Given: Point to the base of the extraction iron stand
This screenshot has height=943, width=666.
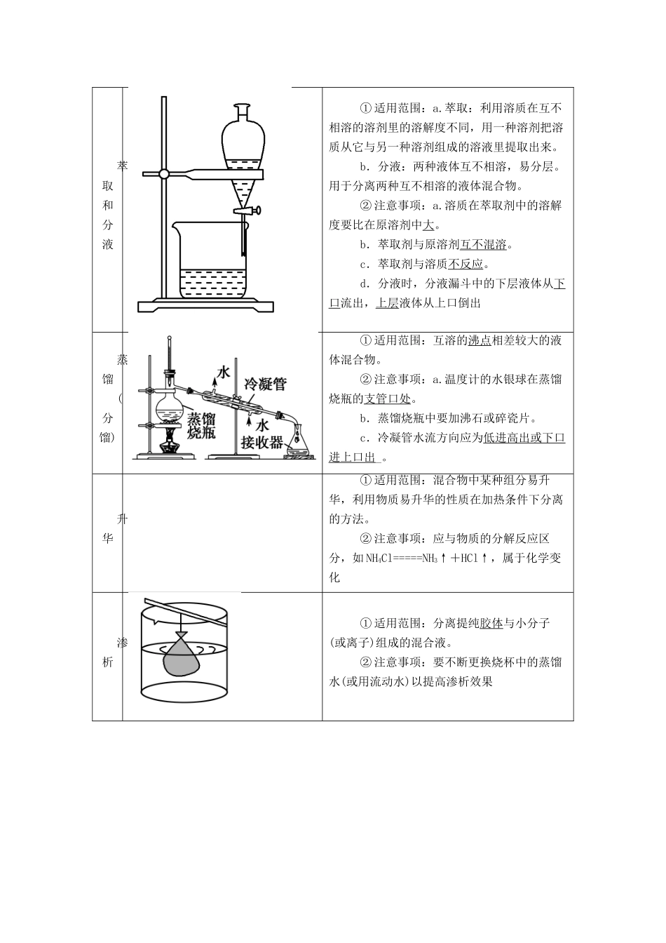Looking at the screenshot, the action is (x=205, y=305).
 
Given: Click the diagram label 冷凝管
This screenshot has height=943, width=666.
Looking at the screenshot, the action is (x=264, y=384).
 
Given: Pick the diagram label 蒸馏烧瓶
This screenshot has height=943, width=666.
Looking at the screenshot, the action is (x=201, y=426).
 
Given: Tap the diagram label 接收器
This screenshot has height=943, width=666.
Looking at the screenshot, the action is (x=261, y=443).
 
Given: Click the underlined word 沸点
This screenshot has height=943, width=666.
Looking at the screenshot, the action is (x=480, y=340).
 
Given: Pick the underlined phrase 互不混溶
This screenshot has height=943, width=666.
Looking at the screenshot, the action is (x=484, y=245).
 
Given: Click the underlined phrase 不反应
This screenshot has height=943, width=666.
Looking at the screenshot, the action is (x=465, y=265).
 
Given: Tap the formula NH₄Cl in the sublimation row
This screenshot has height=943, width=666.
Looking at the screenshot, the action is (x=379, y=559).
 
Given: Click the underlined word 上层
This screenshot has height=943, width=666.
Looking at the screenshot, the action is (x=387, y=303).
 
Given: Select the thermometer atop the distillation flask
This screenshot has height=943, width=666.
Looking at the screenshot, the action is (x=170, y=361).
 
